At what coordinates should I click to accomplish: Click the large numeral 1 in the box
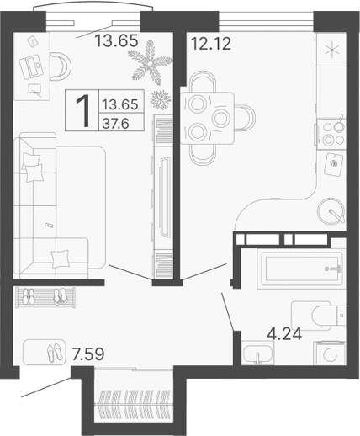tap(84, 111)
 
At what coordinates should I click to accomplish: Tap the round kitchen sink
tap(331, 210)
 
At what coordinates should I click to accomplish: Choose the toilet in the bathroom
tap(320, 314)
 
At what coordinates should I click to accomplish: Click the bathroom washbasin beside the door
tap(253, 354)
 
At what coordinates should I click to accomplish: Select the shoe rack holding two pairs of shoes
tap(45, 297)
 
